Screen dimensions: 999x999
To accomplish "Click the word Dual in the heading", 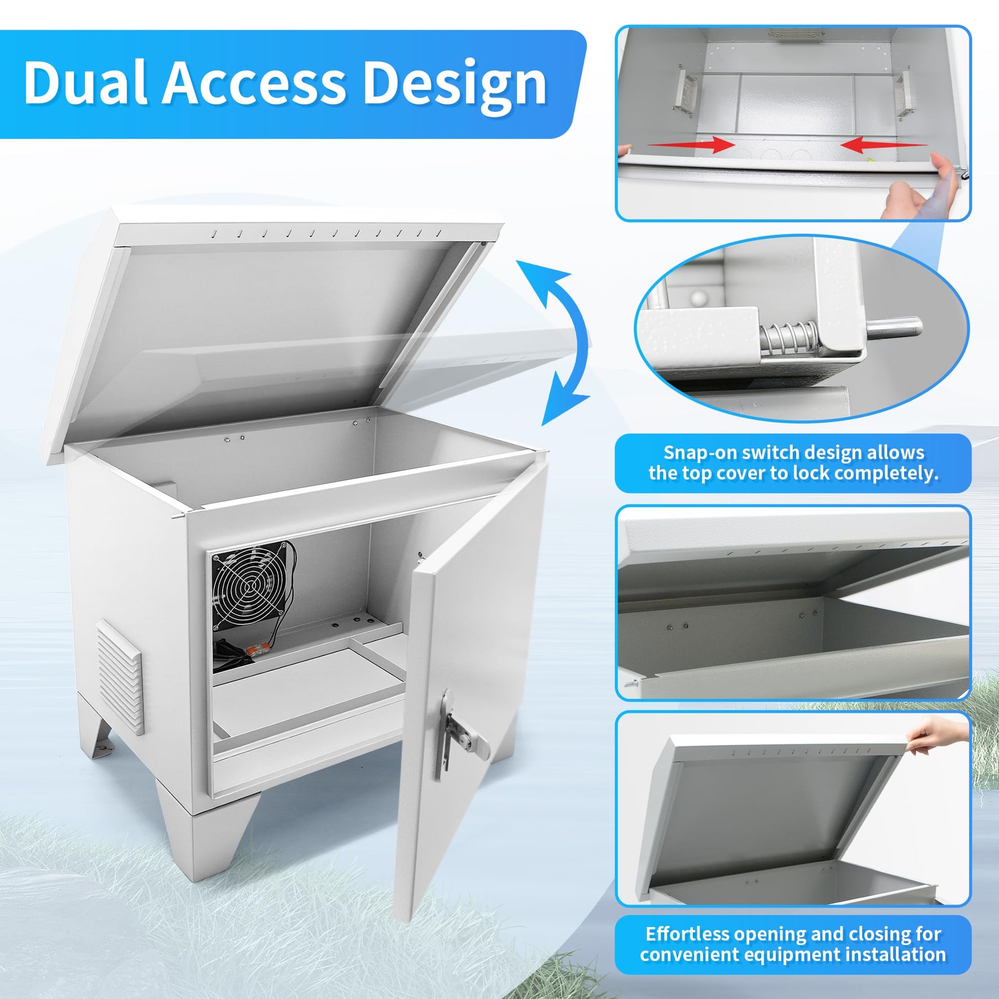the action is (86, 82).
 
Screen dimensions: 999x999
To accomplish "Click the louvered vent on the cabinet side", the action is (119, 676).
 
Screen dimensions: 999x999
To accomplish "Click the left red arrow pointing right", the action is (691, 144).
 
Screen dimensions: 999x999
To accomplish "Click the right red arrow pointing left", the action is (883, 144).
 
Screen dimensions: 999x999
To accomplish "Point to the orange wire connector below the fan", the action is (257, 649).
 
